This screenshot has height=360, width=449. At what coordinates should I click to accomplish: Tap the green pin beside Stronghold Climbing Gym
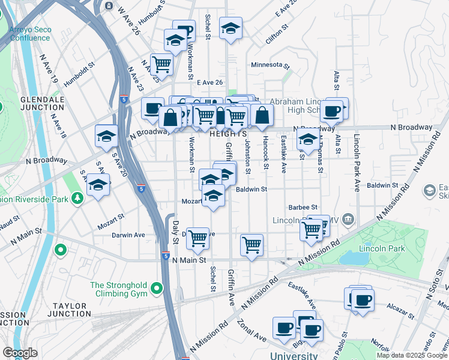(157, 289)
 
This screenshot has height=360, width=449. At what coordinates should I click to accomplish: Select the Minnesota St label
(270, 65)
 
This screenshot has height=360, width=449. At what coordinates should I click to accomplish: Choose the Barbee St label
(303, 207)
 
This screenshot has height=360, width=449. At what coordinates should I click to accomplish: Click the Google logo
(20, 353)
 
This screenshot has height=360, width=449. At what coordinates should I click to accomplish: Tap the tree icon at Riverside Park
(77, 197)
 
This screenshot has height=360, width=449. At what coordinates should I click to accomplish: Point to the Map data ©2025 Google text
(412, 355)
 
